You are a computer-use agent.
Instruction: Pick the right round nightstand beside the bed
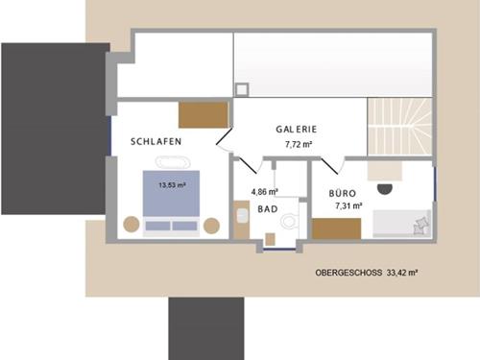[x=211, y=226]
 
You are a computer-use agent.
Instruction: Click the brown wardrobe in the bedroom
[x=204, y=114]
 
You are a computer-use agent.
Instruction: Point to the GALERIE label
[x=297, y=130]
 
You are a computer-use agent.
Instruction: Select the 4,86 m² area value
[x=264, y=192]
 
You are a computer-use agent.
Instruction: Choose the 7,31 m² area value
[x=348, y=205]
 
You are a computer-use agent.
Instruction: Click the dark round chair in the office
[x=385, y=186]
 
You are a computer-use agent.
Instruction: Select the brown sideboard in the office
[x=336, y=228]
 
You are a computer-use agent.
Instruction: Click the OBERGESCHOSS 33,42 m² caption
[x=366, y=273]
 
